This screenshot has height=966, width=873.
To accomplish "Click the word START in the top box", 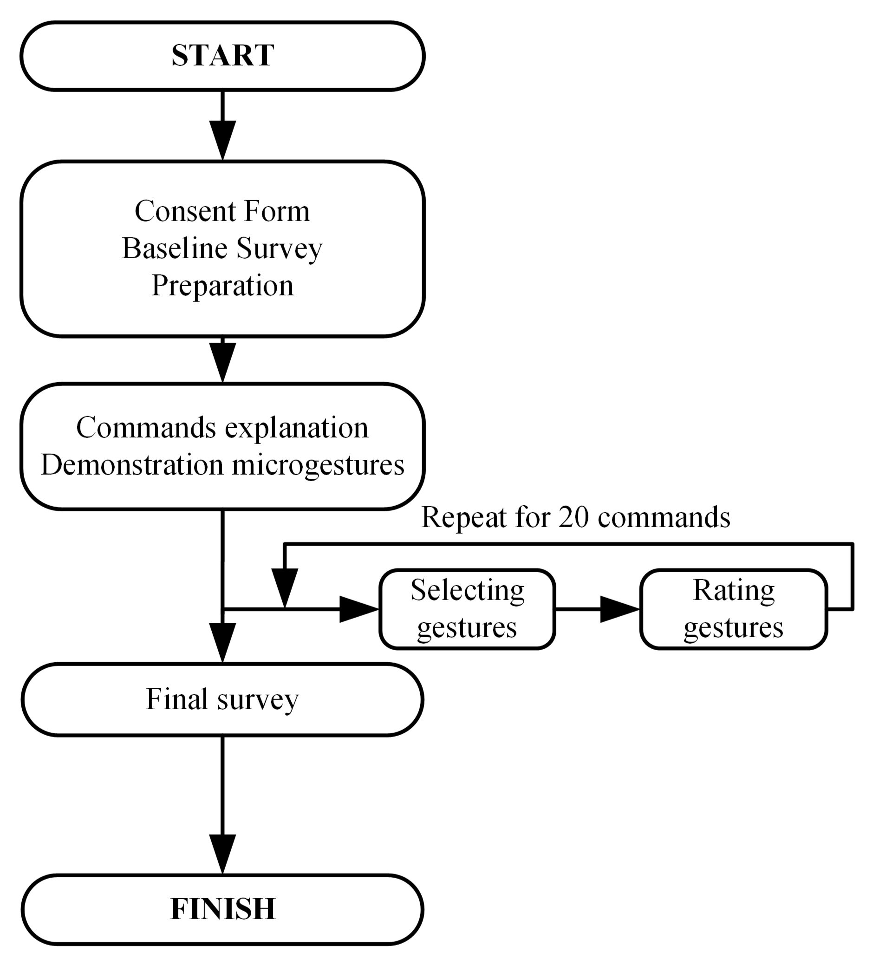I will coord(223,56).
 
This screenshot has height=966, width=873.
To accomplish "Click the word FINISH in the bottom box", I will coord(223,908).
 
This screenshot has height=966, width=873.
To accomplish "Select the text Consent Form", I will coord(222,211).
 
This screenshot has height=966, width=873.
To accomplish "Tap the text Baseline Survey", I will coord(222,248).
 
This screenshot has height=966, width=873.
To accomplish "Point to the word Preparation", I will coord(222,286).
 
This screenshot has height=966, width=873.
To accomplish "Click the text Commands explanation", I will coord(222,427).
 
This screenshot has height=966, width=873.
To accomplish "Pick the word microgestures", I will coord(318,465).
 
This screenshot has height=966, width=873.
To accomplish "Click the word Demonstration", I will coord(132,465).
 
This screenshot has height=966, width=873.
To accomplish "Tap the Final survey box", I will coord(222,699).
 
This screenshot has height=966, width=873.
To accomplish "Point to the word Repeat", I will coord(463,517).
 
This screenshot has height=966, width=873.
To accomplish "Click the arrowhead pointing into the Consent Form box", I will coord(223,139).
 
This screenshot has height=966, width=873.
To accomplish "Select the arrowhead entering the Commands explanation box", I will coord(223,362).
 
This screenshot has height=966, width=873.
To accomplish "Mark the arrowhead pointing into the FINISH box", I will coord(223,854).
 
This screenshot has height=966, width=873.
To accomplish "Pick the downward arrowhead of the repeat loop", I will coord(285,587).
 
